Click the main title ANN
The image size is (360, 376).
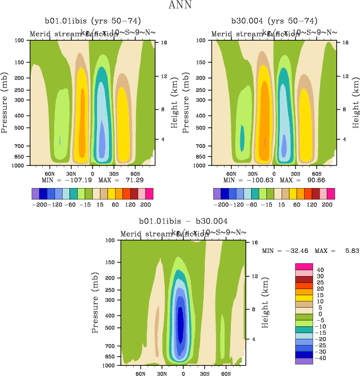(180, 6)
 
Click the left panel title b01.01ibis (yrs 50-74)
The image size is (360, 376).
(91, 20)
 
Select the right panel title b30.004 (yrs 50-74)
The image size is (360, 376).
(274, 20)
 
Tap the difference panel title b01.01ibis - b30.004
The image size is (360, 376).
(183, 221)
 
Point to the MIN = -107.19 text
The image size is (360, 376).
(63, 180)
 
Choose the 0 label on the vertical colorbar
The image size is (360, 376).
(321, 314)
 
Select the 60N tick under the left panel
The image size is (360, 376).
(50, 173)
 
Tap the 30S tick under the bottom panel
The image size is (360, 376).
(204, 373)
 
